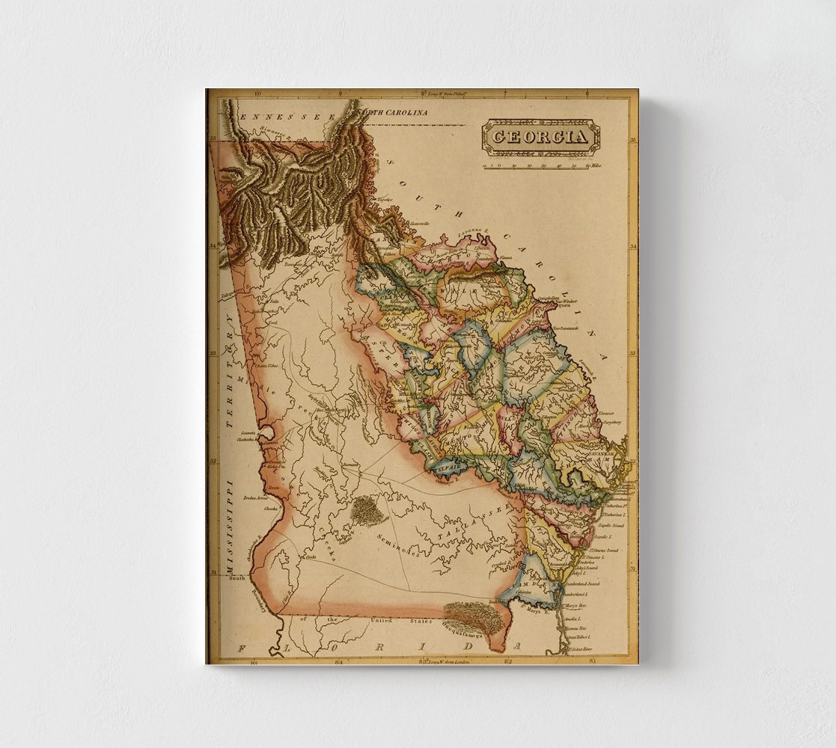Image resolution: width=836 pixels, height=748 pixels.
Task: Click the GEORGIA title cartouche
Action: click(x=540, y=138)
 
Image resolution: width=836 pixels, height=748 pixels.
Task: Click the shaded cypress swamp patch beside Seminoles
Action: click(x=367, y=512)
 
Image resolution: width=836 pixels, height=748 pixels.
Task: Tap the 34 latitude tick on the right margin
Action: click(x=632, y=246)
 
